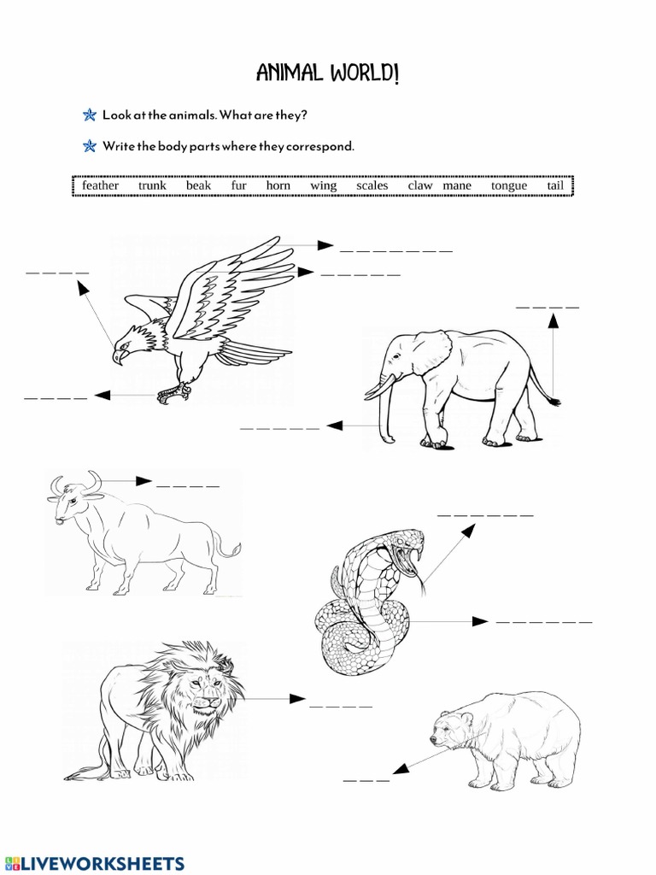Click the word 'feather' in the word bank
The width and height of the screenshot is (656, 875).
(100, 185)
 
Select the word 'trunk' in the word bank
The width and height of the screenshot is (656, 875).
(152, 185)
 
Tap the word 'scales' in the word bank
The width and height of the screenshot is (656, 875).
(372, 185)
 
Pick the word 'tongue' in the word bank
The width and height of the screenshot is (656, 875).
(509, 185)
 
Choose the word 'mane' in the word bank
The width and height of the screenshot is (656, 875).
(457, 185)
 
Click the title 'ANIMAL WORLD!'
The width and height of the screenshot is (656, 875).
(327, 75)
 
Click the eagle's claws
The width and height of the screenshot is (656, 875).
(173, 394)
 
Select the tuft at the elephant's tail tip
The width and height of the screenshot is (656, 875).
(553, 400)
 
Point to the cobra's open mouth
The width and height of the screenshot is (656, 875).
(413, 556)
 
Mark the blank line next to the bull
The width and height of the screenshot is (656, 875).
(188, 486)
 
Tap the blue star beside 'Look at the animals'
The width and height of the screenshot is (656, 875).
(89, 115)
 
